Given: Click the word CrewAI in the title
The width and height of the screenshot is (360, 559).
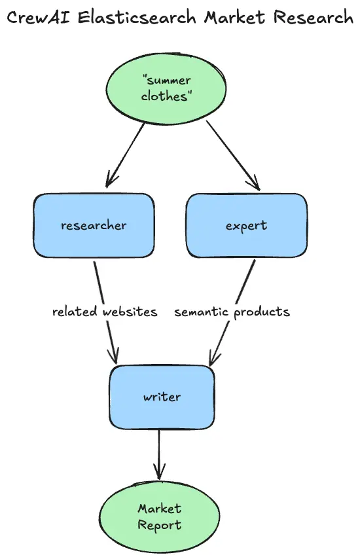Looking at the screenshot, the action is [x=39, y=18].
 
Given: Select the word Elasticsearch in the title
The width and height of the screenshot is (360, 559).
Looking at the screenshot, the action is [x=137, y=18].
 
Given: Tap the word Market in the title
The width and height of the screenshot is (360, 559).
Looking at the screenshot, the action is [x=234, y=18].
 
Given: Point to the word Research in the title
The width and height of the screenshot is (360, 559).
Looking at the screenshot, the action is [x=314, y=18].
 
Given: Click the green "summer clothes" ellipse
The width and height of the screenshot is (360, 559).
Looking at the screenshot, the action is [x=166, y=88].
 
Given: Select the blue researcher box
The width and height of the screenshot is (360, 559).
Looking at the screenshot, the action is [x=94, y=225].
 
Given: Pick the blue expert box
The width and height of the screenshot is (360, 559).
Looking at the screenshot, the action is [x=247, y=225].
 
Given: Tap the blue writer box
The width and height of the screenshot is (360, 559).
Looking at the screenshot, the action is [x=162, y=397].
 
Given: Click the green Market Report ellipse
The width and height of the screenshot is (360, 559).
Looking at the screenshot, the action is [x=159, y=517].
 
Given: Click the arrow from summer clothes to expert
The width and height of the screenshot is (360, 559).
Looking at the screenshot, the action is [x=233, y=156].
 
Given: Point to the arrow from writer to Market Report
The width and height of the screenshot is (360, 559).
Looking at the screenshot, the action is [x=159, y=454].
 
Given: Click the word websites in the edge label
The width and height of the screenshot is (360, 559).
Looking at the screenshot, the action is [x=130, y=312].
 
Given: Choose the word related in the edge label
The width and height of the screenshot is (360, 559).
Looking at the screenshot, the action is [x=75, y=312].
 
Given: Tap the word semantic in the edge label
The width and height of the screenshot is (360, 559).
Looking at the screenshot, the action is [x=201, y=312].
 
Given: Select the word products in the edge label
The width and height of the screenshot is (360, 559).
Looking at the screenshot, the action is [x=262, y=312].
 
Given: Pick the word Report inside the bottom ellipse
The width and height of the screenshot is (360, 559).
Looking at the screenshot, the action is [x=159, y=526].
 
